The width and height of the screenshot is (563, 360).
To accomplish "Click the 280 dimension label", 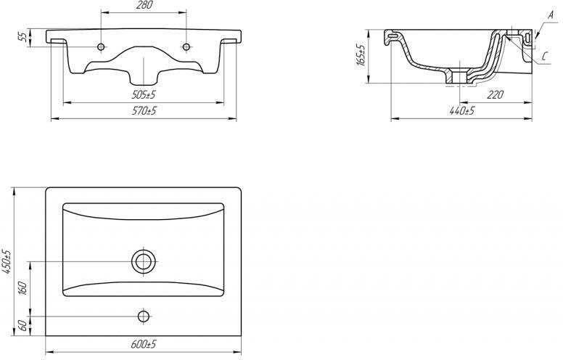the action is tap(144, 5).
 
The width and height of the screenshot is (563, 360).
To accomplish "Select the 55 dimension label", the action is tap(22, 36).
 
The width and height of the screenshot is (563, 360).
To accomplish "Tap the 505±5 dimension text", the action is tap(144, 95).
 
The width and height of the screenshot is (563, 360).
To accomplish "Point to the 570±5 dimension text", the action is tap(144, 110).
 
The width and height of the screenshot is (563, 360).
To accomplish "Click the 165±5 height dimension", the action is tap(361, 55).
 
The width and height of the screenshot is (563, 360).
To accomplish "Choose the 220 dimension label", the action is tap(496, 95).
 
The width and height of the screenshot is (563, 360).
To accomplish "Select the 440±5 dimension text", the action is tap(461, 110).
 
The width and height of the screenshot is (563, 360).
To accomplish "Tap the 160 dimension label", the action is tap(22, 288).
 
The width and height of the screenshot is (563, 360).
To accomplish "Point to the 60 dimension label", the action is tap(22, 326).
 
